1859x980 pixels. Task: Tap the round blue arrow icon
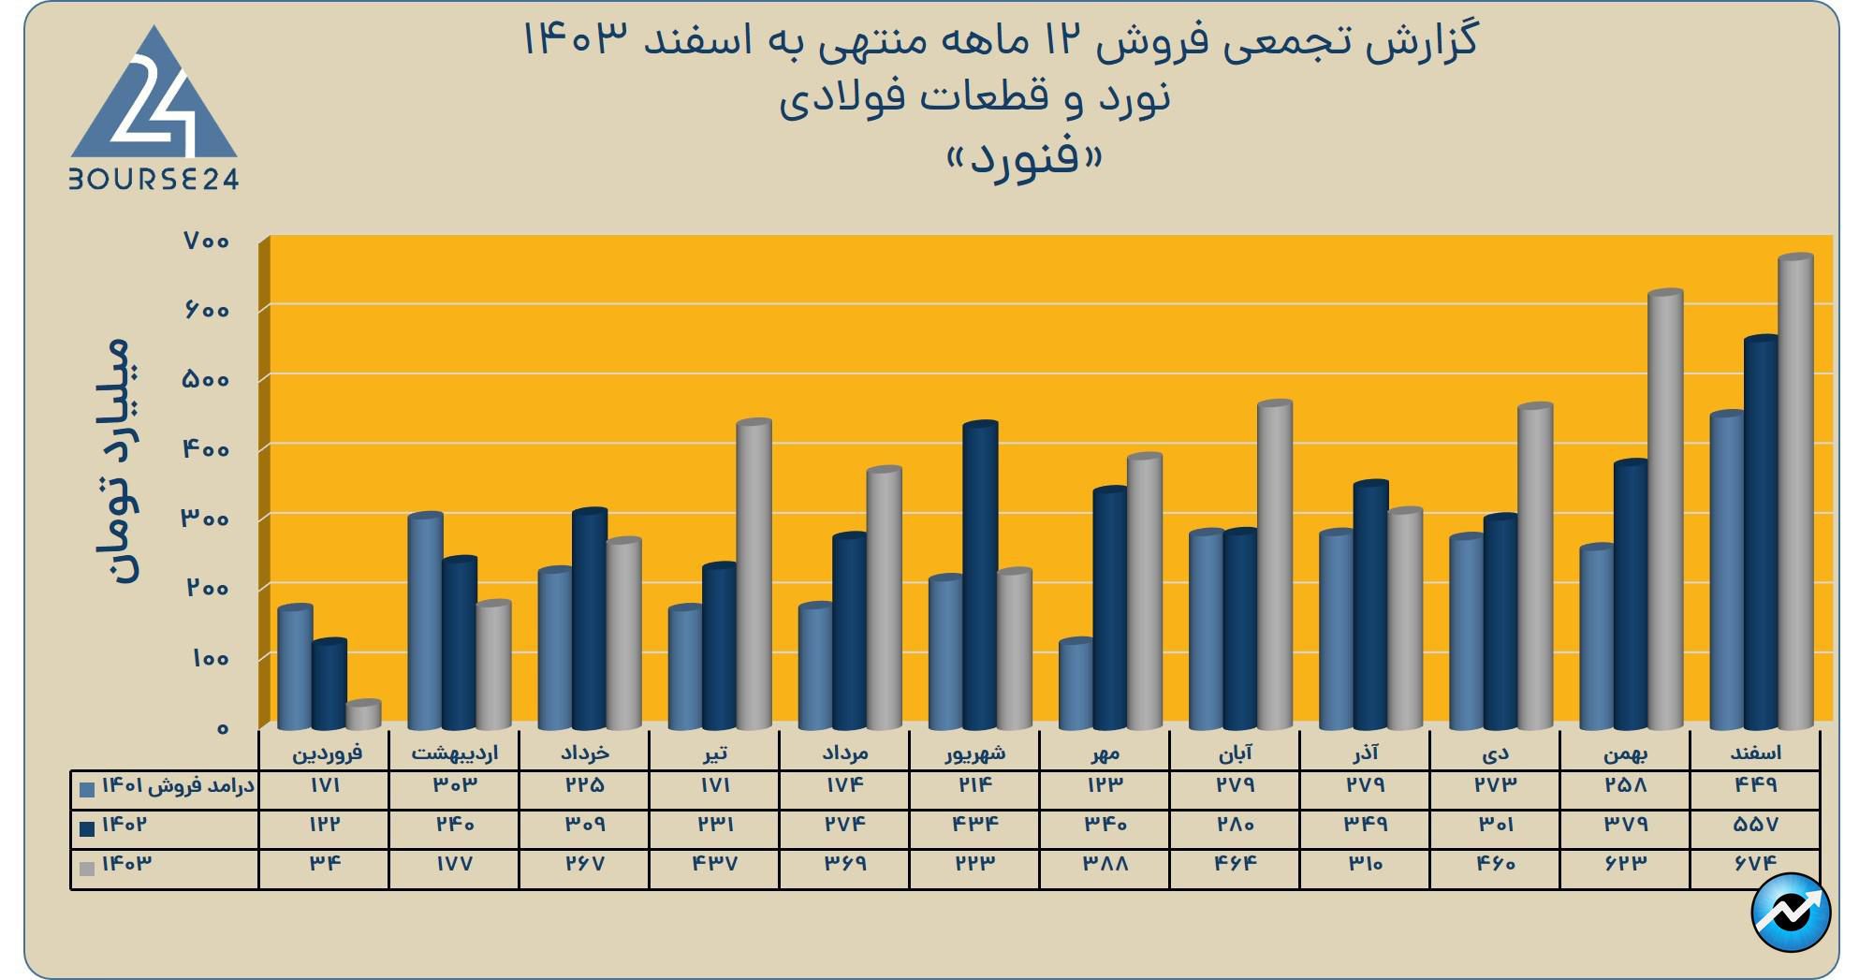[1791, 912]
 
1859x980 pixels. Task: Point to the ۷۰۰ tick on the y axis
[207, 241]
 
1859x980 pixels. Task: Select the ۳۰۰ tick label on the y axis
[206, 519]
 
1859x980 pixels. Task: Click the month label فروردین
[327, 752]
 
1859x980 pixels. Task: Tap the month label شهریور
[975, 752]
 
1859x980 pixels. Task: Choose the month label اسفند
[1756, 752]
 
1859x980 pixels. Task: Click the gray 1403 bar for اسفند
[1795, 491]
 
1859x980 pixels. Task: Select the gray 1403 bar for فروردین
[363, 716]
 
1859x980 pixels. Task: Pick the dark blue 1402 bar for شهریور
[980, 576]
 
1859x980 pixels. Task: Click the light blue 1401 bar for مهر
[1076, 684]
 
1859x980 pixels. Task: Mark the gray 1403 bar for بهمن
[1665, 510]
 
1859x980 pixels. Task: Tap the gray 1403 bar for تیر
[754, 575]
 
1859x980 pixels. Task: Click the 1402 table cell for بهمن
[1625, 825]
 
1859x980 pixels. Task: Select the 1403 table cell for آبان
[1235, 863]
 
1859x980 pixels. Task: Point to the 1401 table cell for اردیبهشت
[454, 785]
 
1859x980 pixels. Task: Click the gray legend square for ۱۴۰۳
[88, 868]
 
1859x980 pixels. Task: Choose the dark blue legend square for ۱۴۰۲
[88, 828]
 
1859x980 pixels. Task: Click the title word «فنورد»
[1025, 156]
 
